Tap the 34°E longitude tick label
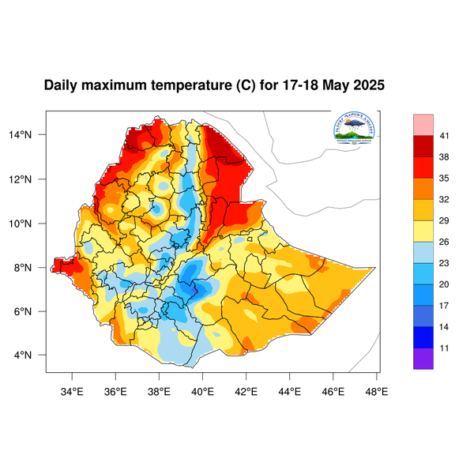point(73,389)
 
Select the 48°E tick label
point(378,389)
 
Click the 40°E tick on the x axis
point(203,389)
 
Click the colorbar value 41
point(445,137)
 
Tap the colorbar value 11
point(445,347)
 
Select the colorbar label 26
point(445,242)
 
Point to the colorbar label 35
point(445,179)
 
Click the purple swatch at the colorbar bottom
point(423,358)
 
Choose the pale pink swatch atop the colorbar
point(423,125)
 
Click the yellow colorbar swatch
point(423,230)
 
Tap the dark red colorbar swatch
point(423,147)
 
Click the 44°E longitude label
point(290,389)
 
